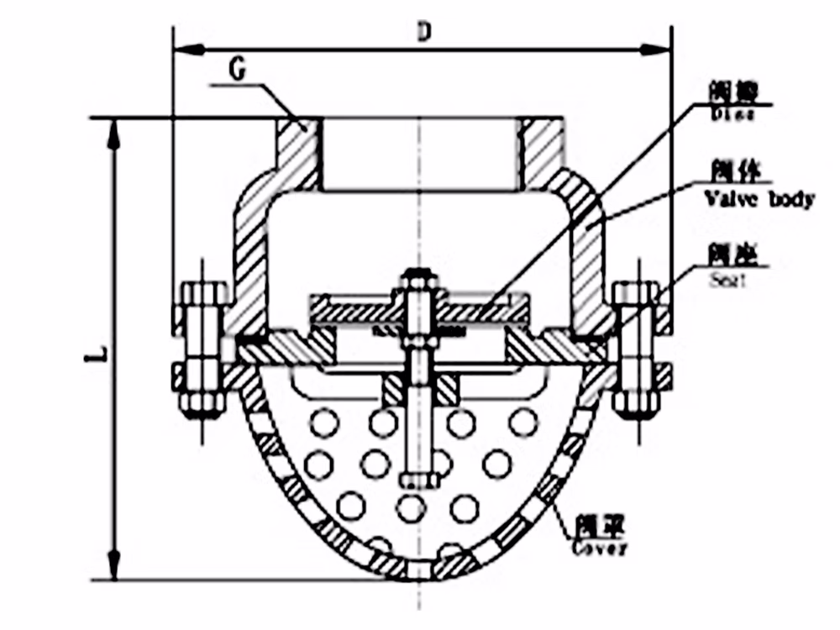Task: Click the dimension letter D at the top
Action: (424, 32)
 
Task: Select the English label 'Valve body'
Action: (759, 199)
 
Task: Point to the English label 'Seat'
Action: (728, 282)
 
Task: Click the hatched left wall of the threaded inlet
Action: (298, 151)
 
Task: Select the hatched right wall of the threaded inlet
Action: (540, 151)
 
